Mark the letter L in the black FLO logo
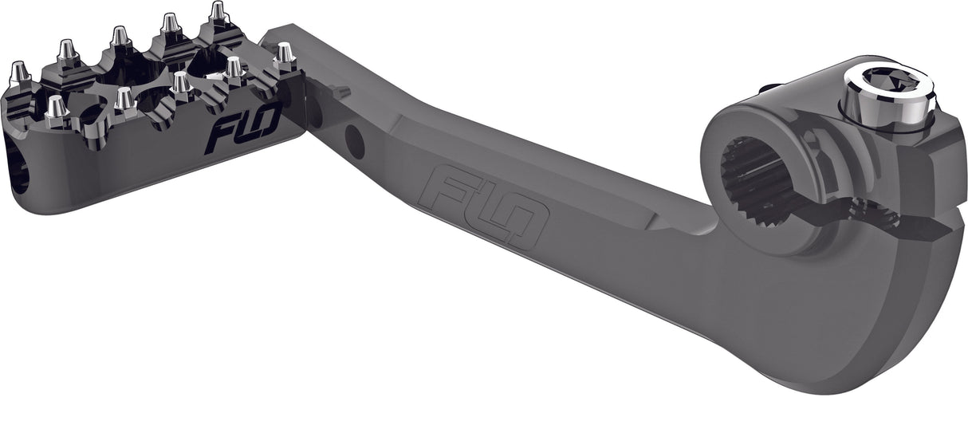241,126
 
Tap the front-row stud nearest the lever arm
284,53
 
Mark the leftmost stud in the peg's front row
55,109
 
